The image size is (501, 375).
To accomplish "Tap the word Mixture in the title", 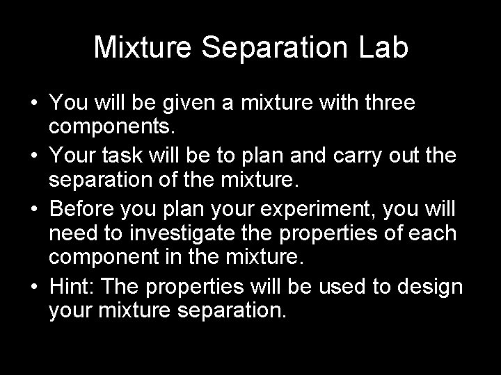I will pos(136,48).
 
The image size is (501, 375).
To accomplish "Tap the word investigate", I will pos(171,234).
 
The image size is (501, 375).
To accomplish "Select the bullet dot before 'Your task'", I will pos(33,156).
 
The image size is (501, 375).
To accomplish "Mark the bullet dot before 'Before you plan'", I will pos(33,208).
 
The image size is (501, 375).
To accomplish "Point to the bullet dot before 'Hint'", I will pos(33,285).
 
